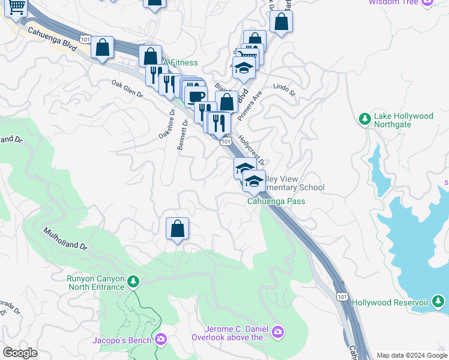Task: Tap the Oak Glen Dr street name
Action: click(x=127, y=90)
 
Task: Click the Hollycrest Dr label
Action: click(x=251, y=149)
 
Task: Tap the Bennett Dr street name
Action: click(x=182, y=136)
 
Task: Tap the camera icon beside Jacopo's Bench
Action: click(x=160, y=340)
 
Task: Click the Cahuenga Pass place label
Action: click(x=276, y=201)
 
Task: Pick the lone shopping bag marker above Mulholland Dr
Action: click(x=177, y=229)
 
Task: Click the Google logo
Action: click(x=20, y=353)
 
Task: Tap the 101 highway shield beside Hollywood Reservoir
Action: click(x=342, y=297)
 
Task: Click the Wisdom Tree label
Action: click(x=393, y=2)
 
